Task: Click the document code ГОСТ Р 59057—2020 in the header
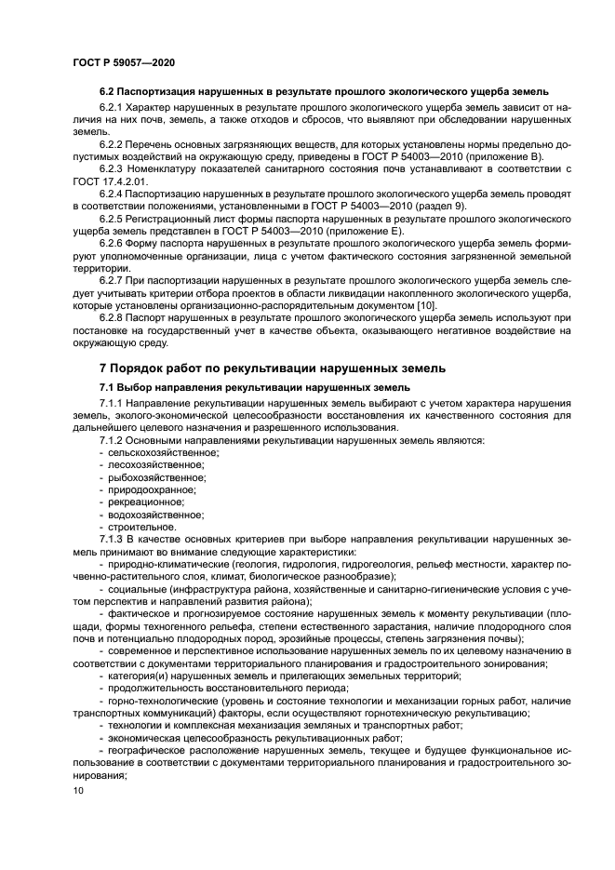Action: coord(124,61)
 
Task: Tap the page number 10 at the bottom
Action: coord(78,790)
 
